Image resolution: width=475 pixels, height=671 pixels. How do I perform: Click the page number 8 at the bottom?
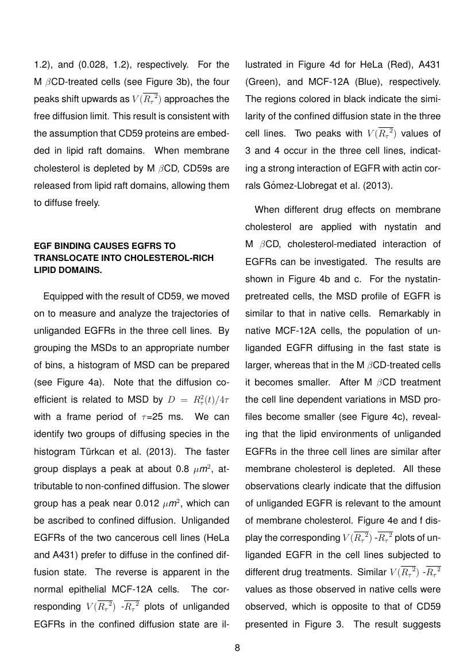coord(237,649)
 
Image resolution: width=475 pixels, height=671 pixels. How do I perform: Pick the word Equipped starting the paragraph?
coord(62,297)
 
